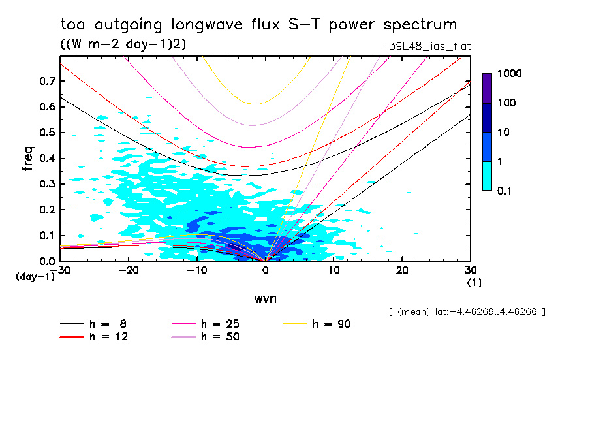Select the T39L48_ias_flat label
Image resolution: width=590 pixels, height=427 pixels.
click(x=427, y=46)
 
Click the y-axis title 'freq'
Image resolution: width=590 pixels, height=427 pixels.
click(x=28, y=158)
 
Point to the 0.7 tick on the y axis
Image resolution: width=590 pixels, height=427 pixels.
click(x=46, y=81)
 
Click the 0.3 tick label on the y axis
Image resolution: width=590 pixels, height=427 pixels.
click(x=46, y=184)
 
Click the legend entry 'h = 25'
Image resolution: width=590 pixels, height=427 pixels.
click(x=219, y=324)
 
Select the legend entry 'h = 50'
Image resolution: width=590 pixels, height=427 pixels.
click(x=219, y=336)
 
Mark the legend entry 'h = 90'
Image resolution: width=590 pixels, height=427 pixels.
click(x=332, y=324)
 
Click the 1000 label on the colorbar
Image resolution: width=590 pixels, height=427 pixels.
click(x=510, y=74)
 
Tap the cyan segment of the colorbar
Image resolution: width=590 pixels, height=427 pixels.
click(x=487, y=176)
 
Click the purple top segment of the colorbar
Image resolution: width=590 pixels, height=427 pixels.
click(x=487, y=87)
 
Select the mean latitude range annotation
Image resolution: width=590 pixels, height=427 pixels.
click(x=466, y=312)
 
